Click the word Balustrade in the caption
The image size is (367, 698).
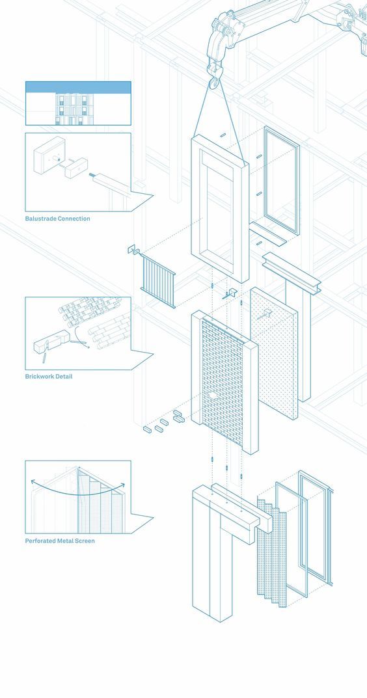(x=42, y=219)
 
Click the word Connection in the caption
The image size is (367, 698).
(x=74, y=219)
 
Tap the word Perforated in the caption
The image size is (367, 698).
(x=40, y=541)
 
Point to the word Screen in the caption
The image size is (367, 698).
(x=84, y=541)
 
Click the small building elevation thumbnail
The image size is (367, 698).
(x=78, y=103)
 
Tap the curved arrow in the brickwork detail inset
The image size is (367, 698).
(x=80, y=338)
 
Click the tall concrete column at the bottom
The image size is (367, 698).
(x=212, y=554)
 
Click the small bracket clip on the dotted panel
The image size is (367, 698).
(x=267, y=313)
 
